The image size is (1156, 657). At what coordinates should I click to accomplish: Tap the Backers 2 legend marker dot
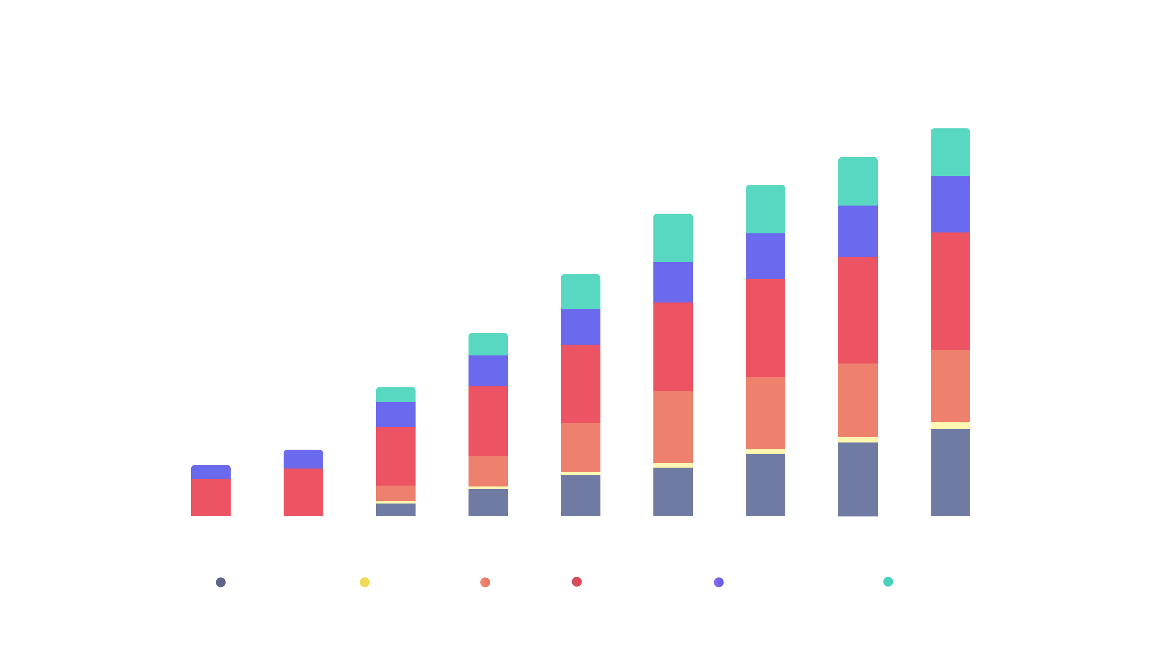point(888,582)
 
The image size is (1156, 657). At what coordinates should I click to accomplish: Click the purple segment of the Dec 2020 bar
point(211,472)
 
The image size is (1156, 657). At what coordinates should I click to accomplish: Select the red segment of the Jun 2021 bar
point(303,492)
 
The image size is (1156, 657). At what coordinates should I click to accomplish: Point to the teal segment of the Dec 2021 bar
point(396,394)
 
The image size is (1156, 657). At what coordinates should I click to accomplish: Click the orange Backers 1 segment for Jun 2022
point(488,471)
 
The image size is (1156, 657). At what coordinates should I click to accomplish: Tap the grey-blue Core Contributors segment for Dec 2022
point(581,495)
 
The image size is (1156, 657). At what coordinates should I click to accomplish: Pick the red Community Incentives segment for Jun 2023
point(673,346)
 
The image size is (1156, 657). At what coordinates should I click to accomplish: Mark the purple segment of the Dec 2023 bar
point(765,256)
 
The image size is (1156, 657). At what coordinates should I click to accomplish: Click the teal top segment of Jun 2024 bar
point(858,181)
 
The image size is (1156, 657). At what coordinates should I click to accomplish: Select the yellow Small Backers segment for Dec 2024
point(950,425)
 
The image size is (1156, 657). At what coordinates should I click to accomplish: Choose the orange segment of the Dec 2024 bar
point(950,386)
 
